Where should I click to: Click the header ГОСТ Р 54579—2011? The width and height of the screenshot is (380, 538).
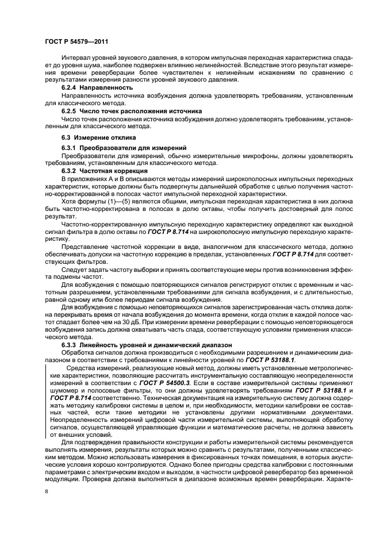[x=76, y=41]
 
